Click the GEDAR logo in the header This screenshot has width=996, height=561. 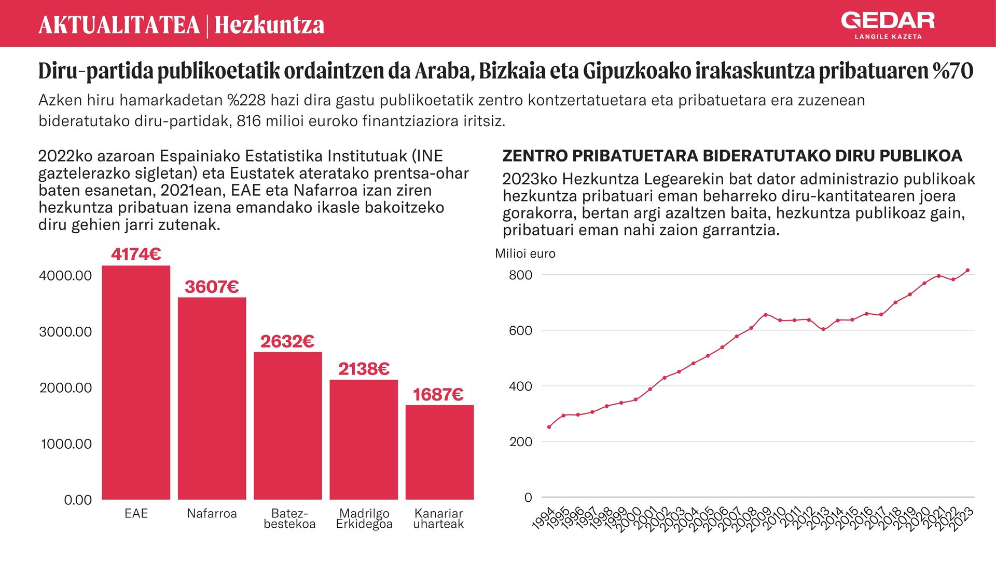click(x=888, y=25)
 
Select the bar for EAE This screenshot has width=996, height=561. click(x=136, y=382)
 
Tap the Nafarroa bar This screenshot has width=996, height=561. click(x=212, y=398)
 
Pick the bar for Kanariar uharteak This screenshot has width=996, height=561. click(x=439, y=452)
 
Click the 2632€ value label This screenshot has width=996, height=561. click(x=287, y=341)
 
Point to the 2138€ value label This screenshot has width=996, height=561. click(x=364, y=369)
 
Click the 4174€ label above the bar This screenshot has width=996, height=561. click(x=136, y=254)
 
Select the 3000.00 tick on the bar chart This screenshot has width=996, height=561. click(x=65, y=331)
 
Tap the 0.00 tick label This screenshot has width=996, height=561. click(x=78, y=500)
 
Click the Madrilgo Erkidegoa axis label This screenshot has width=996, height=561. click(x=364, y=518)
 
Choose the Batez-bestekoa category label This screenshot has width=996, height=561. click(x=289, y=518)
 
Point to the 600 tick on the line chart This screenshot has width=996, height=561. click(x=521, y=330)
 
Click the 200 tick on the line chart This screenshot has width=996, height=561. click(x=521, y=442)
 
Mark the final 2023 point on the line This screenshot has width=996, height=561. click(x=967, y=270)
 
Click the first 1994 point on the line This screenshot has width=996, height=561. click(x=549, y=427)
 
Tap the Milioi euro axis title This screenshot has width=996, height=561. click(x=525, y=253)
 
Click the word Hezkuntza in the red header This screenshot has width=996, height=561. click(x=269, y=25)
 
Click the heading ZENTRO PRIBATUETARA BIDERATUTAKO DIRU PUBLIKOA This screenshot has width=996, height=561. click(x=732, y=156)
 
